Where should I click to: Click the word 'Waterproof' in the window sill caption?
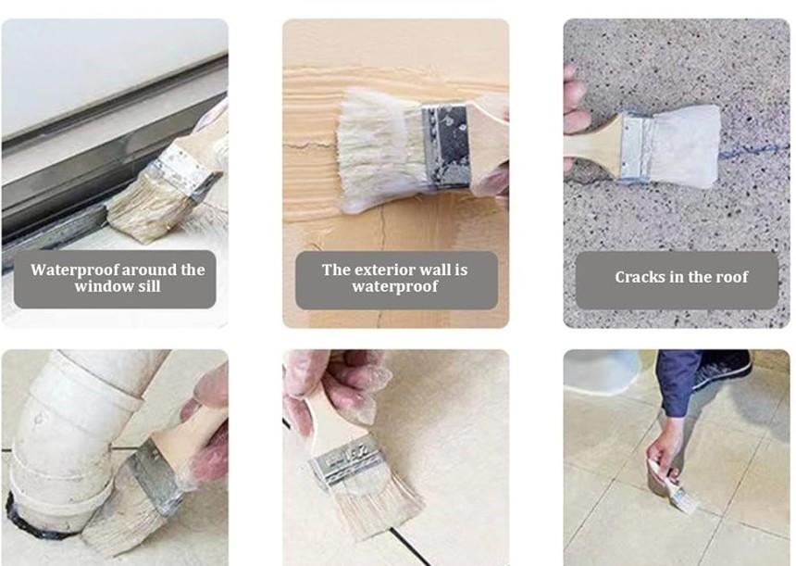75,270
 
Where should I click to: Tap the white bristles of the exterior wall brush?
380,150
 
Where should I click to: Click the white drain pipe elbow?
76,432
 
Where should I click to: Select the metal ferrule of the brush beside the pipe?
155,478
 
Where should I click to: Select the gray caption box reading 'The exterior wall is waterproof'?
396,280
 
